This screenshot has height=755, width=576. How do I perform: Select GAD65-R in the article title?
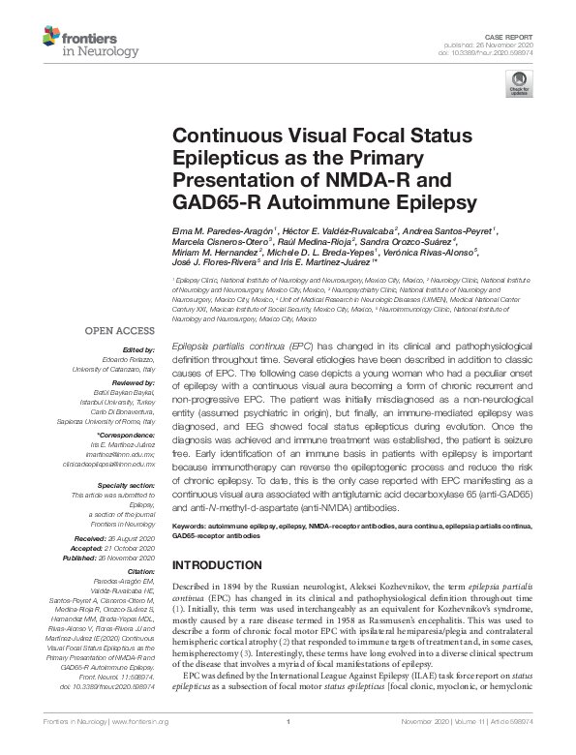(x=219, y=202)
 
